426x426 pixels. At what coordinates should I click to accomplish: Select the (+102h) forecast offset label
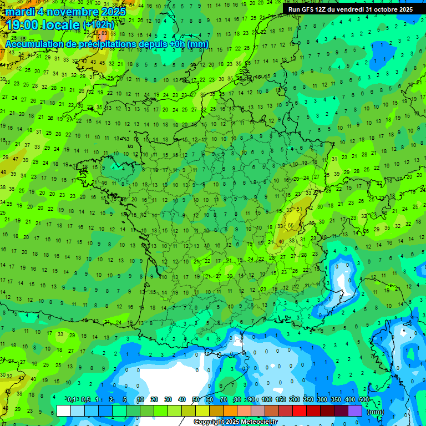pyautogui.click(x=99, y=25)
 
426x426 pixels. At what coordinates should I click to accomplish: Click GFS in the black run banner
pyautogui.click(x=308, y=9)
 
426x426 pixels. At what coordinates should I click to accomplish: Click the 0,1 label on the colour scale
pyautogui.click(x=72, y=400)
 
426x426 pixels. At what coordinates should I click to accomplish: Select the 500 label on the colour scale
pyautogui.click(x=364, y=400)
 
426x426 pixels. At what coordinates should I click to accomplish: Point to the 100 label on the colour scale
pyautogui.click(x=267, y=400)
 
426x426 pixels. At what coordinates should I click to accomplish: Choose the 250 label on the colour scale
pyautogui.click(x=308, y=400)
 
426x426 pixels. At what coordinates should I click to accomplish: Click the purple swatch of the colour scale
pyautogui.click(x=355, y=410)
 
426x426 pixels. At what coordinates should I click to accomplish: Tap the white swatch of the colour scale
pyautogui.click(x=64, y=410)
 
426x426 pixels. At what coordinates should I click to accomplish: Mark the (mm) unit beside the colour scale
pyautogui.click(x=376, y=412)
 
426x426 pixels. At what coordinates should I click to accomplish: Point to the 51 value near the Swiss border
pyautogui.click(x=300, y=209)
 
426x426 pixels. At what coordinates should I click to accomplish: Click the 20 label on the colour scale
pyautogui.click(x=154, y=400)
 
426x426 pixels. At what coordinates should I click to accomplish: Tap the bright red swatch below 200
pyautogui.click(x=300, y=410)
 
